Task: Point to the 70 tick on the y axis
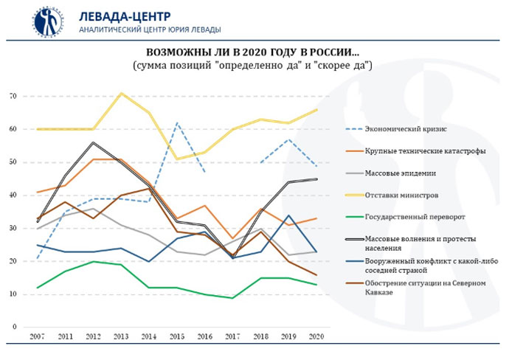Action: pyautogui.click(x=13, y=97)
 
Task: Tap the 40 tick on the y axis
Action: pyautogui.click(x=13, y=195)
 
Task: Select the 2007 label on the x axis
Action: pyautogui.click(x=36, y=337)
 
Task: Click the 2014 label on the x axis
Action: pyautogui.click(x=149, y=337)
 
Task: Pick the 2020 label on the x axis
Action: pyautogui.click(x=316, y=337)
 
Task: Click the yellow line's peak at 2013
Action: pyautogui.click(x=121, y=93)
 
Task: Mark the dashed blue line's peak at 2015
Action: pyautogui.click(x=176, y=122)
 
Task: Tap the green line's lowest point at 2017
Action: pyautogui.click(x=232, y=298)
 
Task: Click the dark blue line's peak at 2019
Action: pyautogui.click(x=288, y=215)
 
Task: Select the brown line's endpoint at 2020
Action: pyautogui.click(x=316, y=275)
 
